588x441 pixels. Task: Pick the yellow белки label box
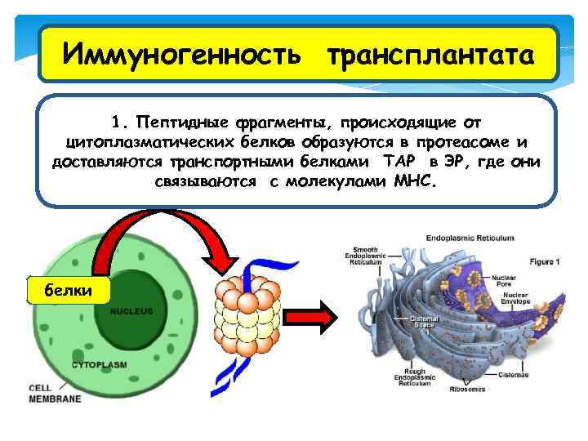coord(68,289)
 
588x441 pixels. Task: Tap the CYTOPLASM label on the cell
coord(100,364)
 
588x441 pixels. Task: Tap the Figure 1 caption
coord(544,263)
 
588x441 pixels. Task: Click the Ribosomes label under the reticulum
coord(467,390)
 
